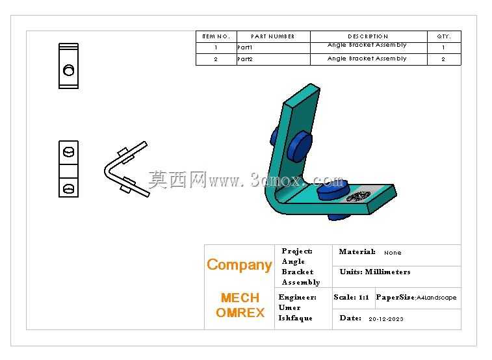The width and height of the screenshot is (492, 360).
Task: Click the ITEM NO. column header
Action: [216, 36]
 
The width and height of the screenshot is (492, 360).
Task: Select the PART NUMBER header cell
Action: [273, 36]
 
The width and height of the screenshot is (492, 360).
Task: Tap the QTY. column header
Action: [444, 36]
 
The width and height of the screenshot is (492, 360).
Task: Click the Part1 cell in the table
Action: [245, 47]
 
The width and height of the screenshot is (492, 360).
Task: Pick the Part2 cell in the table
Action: [245, 59]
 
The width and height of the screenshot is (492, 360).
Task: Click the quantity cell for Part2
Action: [443, 59]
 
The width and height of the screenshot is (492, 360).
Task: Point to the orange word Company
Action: [239, 265]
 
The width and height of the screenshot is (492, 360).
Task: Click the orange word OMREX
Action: [240, 313]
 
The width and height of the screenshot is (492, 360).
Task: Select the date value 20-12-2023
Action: [386, 319]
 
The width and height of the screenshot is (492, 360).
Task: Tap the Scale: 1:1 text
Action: [351, 297]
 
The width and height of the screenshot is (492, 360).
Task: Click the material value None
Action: [393, 252]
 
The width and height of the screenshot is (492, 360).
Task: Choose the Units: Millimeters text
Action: [375, 272]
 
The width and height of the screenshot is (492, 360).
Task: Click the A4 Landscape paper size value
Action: [437, 298]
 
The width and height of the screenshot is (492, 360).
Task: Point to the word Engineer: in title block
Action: [297, 297]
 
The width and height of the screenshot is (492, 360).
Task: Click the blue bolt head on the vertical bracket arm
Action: [300, 146]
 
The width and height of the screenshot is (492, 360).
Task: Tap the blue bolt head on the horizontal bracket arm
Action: [332, 189]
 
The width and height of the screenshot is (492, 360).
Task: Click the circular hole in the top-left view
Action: [69, 70]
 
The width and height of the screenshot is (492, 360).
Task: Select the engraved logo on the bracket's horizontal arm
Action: [358, 197]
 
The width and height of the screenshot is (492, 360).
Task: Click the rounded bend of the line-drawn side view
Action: [107, 171]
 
